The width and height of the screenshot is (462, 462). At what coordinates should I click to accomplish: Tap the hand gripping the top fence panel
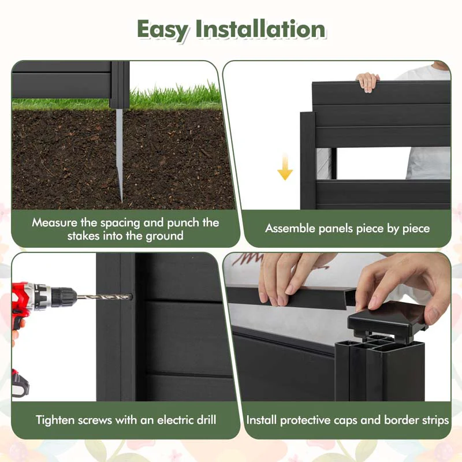click(367, 81)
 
